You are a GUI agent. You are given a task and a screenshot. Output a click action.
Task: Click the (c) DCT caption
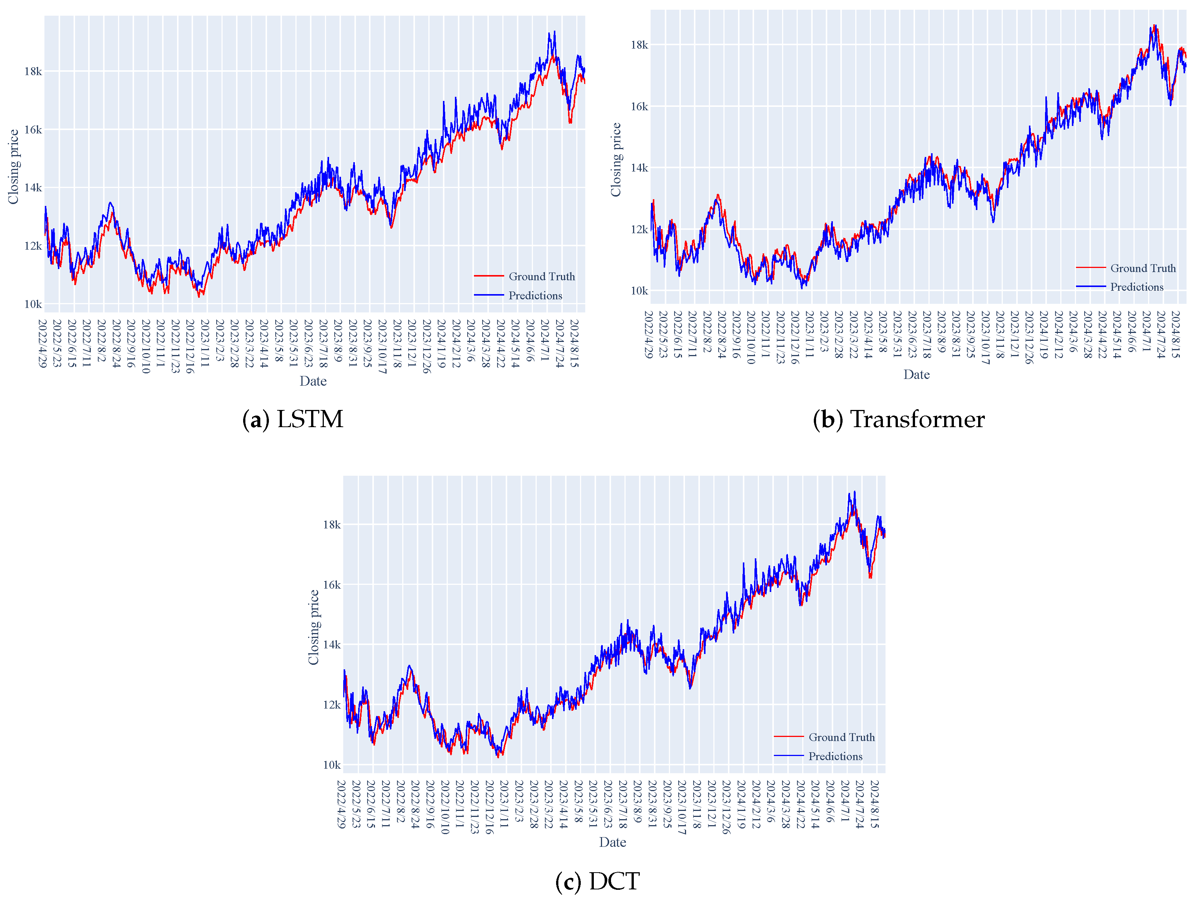click(598, 881)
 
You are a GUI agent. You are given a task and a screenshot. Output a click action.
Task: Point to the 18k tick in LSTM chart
click(32, 71)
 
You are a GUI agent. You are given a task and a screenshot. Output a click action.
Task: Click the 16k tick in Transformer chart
click(639, 107)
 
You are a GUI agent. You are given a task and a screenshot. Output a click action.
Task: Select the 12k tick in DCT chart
click(332, 705)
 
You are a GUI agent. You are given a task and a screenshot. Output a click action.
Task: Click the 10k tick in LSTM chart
click(32, 304)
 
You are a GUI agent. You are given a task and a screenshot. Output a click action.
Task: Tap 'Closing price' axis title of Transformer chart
click(616, 160)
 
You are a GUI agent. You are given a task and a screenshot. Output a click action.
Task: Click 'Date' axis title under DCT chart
click(612, 842)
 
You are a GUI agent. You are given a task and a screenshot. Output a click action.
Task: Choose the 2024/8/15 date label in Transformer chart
click(1175, 334)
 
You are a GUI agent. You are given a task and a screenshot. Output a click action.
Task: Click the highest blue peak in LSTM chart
click(554, 31)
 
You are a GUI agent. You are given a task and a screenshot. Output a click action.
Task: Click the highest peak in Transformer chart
click(1154, 25)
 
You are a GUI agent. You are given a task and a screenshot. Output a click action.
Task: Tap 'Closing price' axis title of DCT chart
click(313, 627)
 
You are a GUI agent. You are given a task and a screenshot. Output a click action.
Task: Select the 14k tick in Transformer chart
click(639, 168)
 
